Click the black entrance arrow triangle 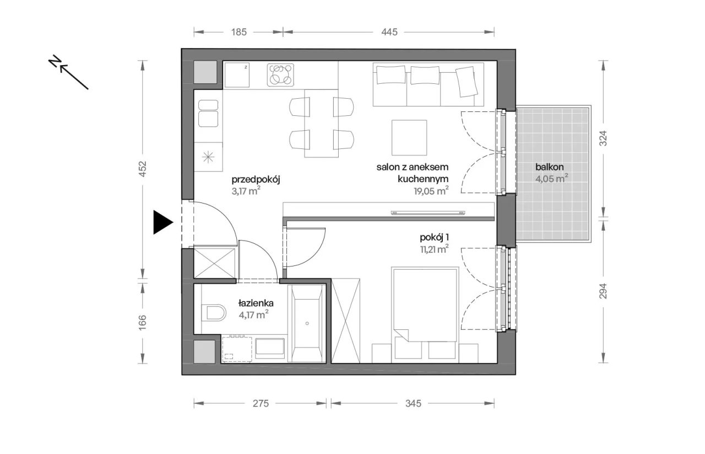coord(162,222)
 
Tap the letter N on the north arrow coord(55,61)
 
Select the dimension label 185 coord(239,32)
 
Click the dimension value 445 coord(389,32)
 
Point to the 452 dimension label coord(143,169)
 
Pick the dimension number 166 coord(143,323)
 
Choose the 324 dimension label coord(603,138)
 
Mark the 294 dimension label coord(603,291)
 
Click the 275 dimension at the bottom coord(261,404)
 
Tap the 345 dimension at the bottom coord(413,404)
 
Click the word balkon coord(550,167)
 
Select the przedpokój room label coord(256,180)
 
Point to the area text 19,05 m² coord(431,191)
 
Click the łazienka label coord(256,303)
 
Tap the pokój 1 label coord(435,237)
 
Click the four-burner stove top coord(280,75)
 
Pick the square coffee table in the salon coord(409,137)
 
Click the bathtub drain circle coord(307,323)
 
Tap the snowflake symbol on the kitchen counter coord(208,157)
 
